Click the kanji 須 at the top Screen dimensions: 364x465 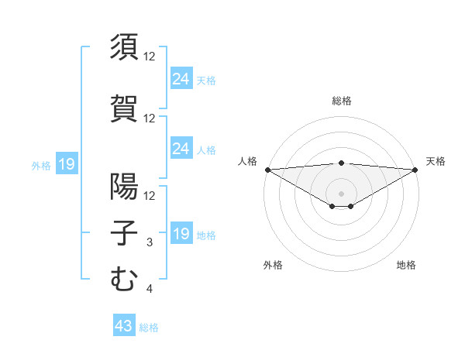124,47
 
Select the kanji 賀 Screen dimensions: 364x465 124,108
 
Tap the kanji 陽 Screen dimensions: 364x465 124,186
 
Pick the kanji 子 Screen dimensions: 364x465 124,233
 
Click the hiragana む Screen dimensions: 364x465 124,280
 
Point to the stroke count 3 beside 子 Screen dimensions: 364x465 150,242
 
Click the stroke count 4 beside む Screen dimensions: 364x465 150,290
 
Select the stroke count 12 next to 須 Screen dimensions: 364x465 150,57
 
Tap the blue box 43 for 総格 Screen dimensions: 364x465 124,327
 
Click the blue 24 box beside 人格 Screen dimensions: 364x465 181,149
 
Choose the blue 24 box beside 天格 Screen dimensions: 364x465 181,79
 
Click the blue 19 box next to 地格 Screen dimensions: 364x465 181,234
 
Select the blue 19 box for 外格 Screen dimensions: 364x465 66,164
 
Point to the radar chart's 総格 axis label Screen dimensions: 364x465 342,101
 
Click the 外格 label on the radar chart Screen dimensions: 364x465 273,265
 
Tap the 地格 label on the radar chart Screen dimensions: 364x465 406,265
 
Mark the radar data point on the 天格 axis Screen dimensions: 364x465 415,170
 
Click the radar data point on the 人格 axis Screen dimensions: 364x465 267,170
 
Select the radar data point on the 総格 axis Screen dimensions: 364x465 342,163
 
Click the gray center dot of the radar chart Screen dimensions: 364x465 342,193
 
